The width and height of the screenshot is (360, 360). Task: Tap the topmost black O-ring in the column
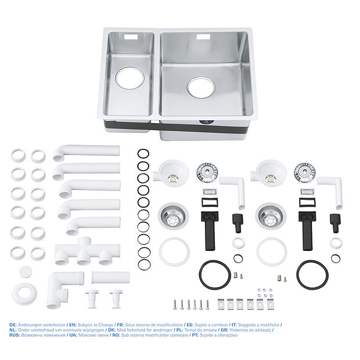[143, 154]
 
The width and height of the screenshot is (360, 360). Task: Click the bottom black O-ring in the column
[143, 265]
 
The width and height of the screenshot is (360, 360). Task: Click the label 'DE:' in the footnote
[13, 325]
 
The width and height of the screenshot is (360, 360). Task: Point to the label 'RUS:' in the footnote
[15, 335]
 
